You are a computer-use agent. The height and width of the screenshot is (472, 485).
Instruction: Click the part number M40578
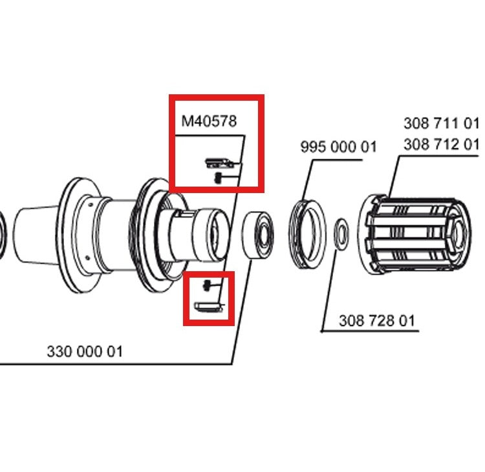click(208, 121)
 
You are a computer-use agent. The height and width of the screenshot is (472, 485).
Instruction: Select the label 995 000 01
click(338, 147)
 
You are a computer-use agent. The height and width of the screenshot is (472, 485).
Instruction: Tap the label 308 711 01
click(441, 123)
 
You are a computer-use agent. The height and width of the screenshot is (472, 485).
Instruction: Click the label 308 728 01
click(376, 320)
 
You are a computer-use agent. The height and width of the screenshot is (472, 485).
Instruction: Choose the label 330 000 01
click(84, 352)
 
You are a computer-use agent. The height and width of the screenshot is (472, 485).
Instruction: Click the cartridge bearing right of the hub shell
click(259, 236)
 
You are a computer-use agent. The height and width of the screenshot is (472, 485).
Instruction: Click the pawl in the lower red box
click(208, 305)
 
